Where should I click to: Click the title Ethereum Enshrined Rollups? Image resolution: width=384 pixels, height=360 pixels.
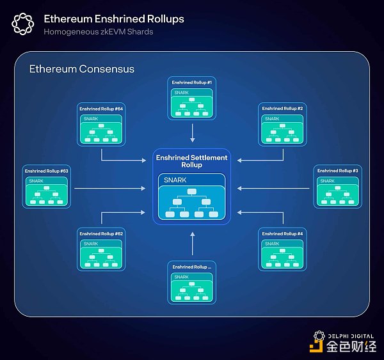pyautogui.click(x=113, y=19)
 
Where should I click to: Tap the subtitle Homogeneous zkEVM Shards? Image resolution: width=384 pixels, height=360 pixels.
pyautogui.click(x=98, y=32)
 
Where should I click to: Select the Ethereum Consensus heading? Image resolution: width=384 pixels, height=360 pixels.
pyautogui.click(x=81, y=69)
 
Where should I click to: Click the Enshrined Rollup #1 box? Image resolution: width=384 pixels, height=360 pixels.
pyautogui.click(x=192, y=98)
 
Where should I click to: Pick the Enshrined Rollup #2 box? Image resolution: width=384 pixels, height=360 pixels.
pyautogui.click(x=282, y=125)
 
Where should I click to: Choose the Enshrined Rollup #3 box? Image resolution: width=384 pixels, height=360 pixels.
pyautogui.click(x=337, y=186)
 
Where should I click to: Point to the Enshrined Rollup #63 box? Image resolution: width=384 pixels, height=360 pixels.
pyautogui.click(x=46, y=186)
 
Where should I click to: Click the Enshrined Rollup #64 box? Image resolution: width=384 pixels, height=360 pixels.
pyautogui.click(x=101, y=125)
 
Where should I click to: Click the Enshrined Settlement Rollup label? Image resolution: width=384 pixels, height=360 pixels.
pyautogui.click(x=192, y=161)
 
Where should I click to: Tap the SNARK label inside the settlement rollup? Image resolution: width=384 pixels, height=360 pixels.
pyautogui.click(x=175, y=180)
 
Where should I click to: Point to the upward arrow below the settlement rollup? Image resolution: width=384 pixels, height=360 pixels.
pyautogui.click(x=192, y=244)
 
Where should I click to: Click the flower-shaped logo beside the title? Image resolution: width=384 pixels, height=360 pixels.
pyautogui.click(x=22, y=24)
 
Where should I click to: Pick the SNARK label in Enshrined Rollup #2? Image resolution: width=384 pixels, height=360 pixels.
pyautogui.click(x=272, y=119)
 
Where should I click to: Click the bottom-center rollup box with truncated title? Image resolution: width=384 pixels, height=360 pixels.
pyautogui.click(x=192, y=283)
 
